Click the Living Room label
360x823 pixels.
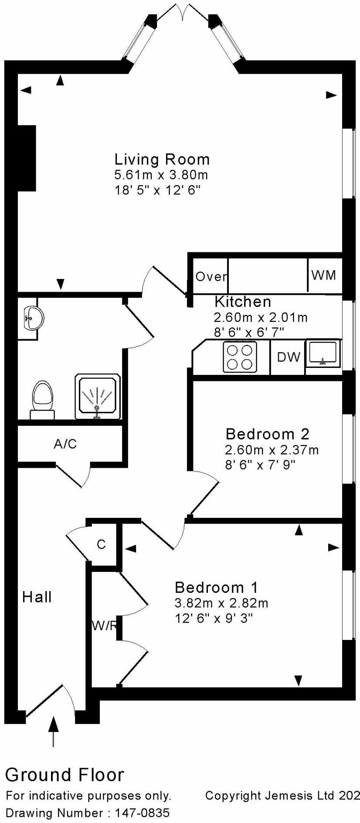(x=162, y=159)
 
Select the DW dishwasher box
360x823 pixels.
(x=289, y=357)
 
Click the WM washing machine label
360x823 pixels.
(x=324, y=275)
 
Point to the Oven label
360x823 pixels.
(x=211, y=276)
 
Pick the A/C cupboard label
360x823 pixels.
(x=65, y=444)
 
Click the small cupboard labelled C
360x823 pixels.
(x=101, y=544)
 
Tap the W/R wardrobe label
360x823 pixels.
(x=104, y=626)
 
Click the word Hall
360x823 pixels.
(x=37, y=597)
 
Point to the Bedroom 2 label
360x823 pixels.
(x=267, y=434)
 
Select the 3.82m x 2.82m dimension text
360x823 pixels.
(x=221, y=603)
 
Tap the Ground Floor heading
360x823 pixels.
(x=65, y=775)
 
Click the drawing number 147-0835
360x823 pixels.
(x=142, y=813)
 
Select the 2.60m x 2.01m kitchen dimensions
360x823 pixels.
(x=260, y=317)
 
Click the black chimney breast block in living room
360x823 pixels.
(x=26, y=158)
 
